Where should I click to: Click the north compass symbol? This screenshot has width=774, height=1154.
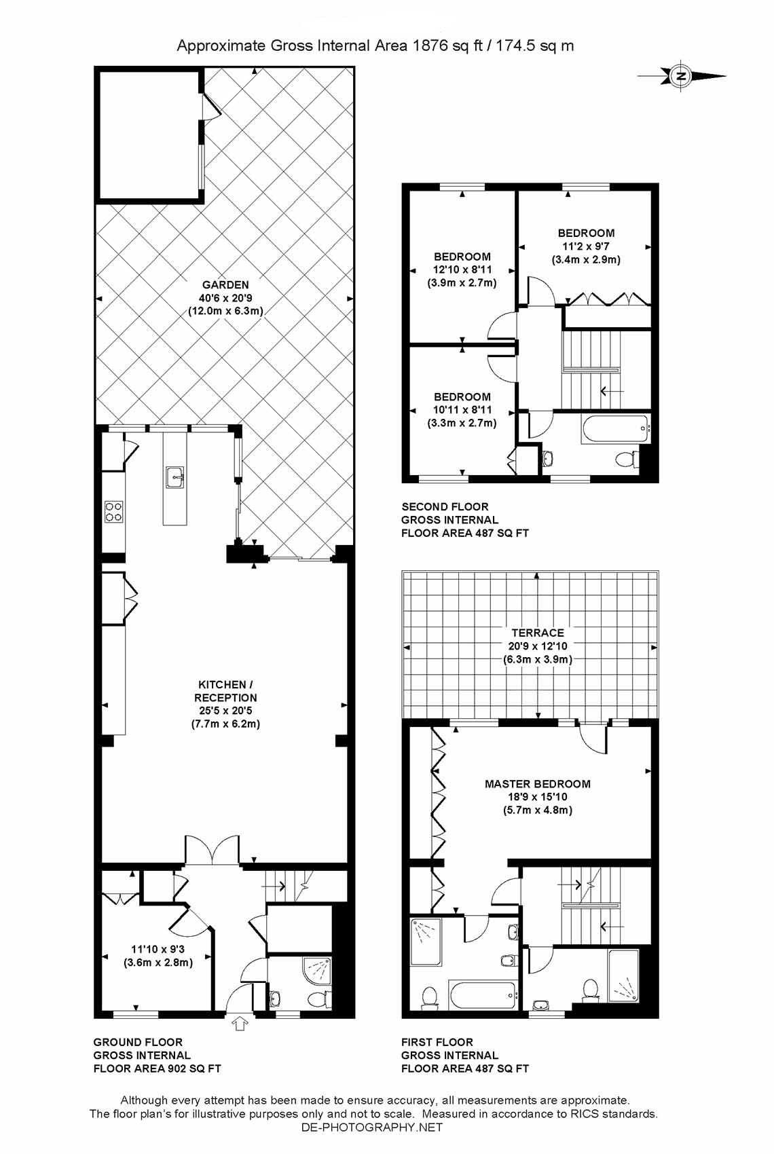(681, 76)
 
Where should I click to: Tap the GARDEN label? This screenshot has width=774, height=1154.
(225, 284)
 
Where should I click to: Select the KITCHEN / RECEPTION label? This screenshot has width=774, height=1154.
(225, 691)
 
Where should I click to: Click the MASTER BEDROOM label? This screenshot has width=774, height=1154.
(538, 783)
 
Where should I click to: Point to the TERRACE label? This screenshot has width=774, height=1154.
(538, 633)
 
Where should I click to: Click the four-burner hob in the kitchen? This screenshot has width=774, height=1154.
(114, 511)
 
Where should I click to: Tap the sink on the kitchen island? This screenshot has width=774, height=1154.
(174, 477)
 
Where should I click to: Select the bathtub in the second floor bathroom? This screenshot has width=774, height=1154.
(614, 429)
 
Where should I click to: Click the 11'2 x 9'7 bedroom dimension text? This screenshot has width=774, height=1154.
(586, 246)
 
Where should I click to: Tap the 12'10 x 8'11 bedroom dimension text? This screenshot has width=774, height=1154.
(462, 269)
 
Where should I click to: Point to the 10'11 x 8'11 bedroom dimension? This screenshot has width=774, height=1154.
(462, 410)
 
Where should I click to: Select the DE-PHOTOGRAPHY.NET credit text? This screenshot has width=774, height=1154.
(371, 1127)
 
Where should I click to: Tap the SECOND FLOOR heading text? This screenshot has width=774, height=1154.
(445, 506)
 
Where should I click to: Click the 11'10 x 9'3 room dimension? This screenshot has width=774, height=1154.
(158, 948)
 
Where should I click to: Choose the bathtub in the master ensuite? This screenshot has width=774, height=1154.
(482, 994)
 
